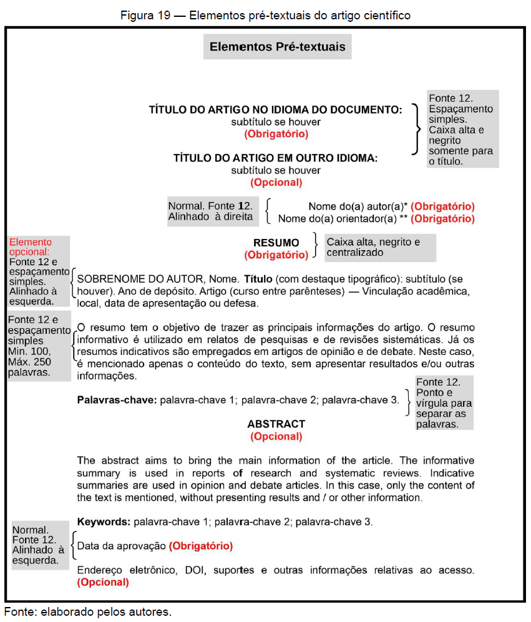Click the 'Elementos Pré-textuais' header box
277,47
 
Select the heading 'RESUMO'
276,243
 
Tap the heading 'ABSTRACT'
276,424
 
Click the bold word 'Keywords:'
104,521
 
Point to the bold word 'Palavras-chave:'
117,399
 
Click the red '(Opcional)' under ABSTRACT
276,437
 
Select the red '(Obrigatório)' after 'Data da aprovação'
200,546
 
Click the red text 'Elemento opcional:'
31,247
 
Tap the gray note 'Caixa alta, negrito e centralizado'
374,247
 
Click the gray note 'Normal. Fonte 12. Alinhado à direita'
211,211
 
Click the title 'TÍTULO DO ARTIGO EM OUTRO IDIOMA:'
275,158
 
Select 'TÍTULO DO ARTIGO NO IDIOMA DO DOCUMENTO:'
275,110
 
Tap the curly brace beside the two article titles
416,129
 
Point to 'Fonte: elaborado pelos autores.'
87,611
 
